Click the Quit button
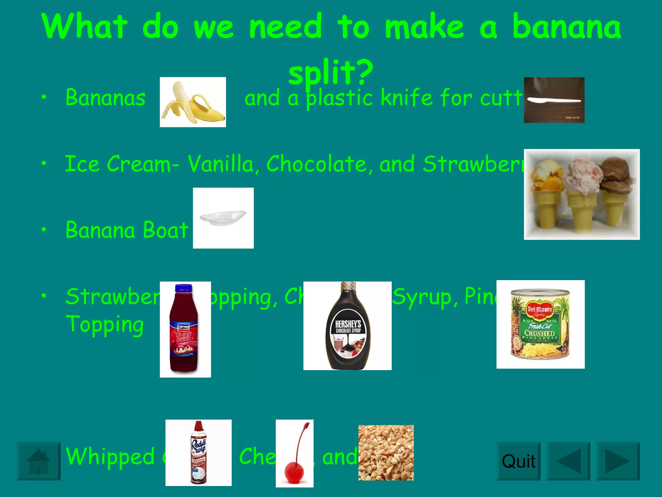[x=518, y=461]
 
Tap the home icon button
[x=38, y=461]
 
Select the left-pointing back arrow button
[x=568, y=461]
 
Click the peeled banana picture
[x=193, y=102]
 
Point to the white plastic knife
[x=553, y=100]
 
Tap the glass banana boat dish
[x=223, y=217]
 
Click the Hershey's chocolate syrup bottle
[x=347, y=327]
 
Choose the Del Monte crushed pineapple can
[x=540, y=324]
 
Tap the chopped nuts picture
[x=386, y=453]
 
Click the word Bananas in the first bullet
[x=105, y=98]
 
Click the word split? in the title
[x=330, y=72]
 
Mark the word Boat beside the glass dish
[x=165, y=230]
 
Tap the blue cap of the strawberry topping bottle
[x=183, y=288]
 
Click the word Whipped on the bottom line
[x=110, y=456]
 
